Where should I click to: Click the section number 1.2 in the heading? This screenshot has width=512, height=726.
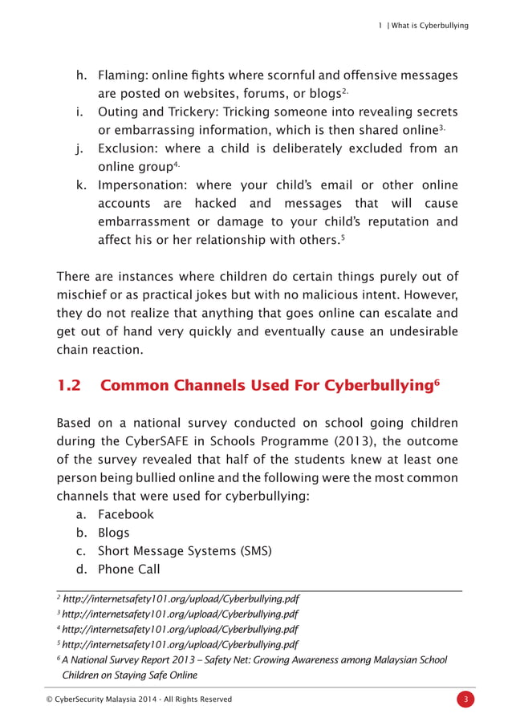[69, 385]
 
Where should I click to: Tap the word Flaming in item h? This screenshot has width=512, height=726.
[121, 75]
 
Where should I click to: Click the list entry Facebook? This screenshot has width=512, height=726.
[125, 514]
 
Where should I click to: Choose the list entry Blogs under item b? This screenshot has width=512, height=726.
[113, 533]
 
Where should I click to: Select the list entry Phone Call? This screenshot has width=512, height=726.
[128, 570]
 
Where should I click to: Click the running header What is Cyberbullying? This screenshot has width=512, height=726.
[429, 26]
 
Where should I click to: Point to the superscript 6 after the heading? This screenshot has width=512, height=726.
[437, 381]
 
